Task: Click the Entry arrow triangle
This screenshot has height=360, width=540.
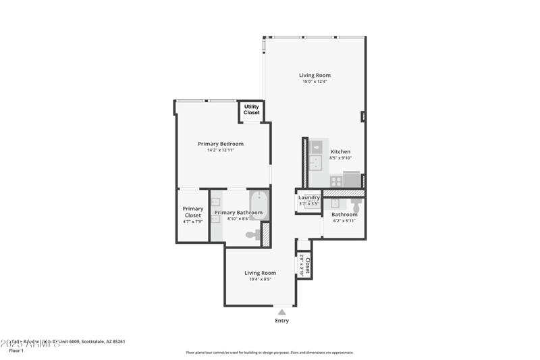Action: pyautogui.click(x=282, y=311)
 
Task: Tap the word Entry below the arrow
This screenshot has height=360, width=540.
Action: pyautogui.click(x=282, y=320)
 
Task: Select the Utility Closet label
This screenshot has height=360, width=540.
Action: pyautogui.click(x=251, y=109)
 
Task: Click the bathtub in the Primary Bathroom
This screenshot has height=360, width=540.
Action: pyautogui.click(x=259, y=204)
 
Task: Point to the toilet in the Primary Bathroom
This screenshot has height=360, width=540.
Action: pyautogui.click(x=252, y=235)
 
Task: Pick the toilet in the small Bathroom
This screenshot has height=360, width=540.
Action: pyautogui.click(x=356, y=205)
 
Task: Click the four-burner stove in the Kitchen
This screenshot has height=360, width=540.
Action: pyautogui.click(x=335, y=181)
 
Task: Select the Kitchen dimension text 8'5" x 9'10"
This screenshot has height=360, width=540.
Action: pyautogui.click(x=340, y=158)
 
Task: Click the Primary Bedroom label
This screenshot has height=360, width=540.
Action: pyautogui.click(x=221, y=144)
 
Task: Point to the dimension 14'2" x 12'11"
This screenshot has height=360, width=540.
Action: pyautogui.click(x=221, y=150)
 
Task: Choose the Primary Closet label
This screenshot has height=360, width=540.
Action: pyautogui.click(x=192, y=212)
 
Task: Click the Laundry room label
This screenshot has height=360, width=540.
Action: pyautogui.click(x=309, y=197)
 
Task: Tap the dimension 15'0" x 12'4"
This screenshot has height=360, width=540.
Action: pyautogui.click(x=315, y=82)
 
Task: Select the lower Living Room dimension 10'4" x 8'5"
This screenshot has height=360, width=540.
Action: pyautogui.click(x=260, y=279)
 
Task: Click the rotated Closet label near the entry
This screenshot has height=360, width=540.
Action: pyautogui.click(x=308, y=264)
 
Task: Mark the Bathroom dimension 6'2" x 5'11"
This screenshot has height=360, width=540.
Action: pyautogui.click(x=344, y=221)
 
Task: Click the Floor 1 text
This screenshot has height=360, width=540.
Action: pyautogui.click(x=16, y=351)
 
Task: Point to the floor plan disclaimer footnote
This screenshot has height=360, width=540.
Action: pyautogui.click(x=269, y=353)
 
